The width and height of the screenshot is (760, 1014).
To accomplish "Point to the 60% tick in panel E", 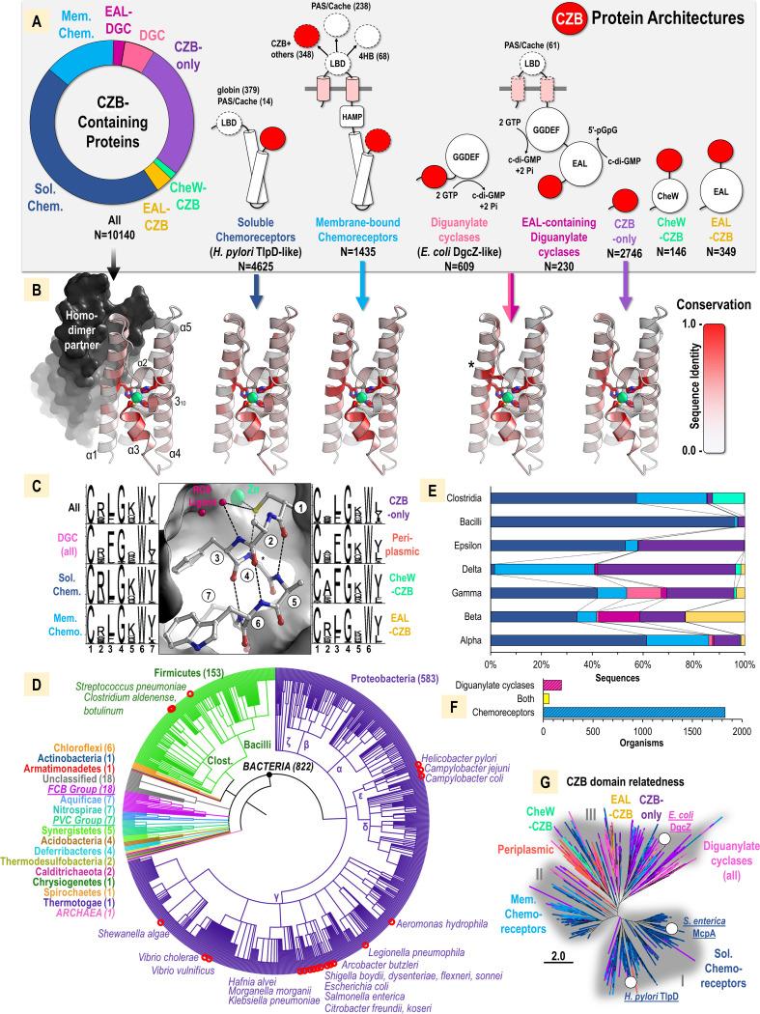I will pyautogui.click(x=643, y=663).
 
